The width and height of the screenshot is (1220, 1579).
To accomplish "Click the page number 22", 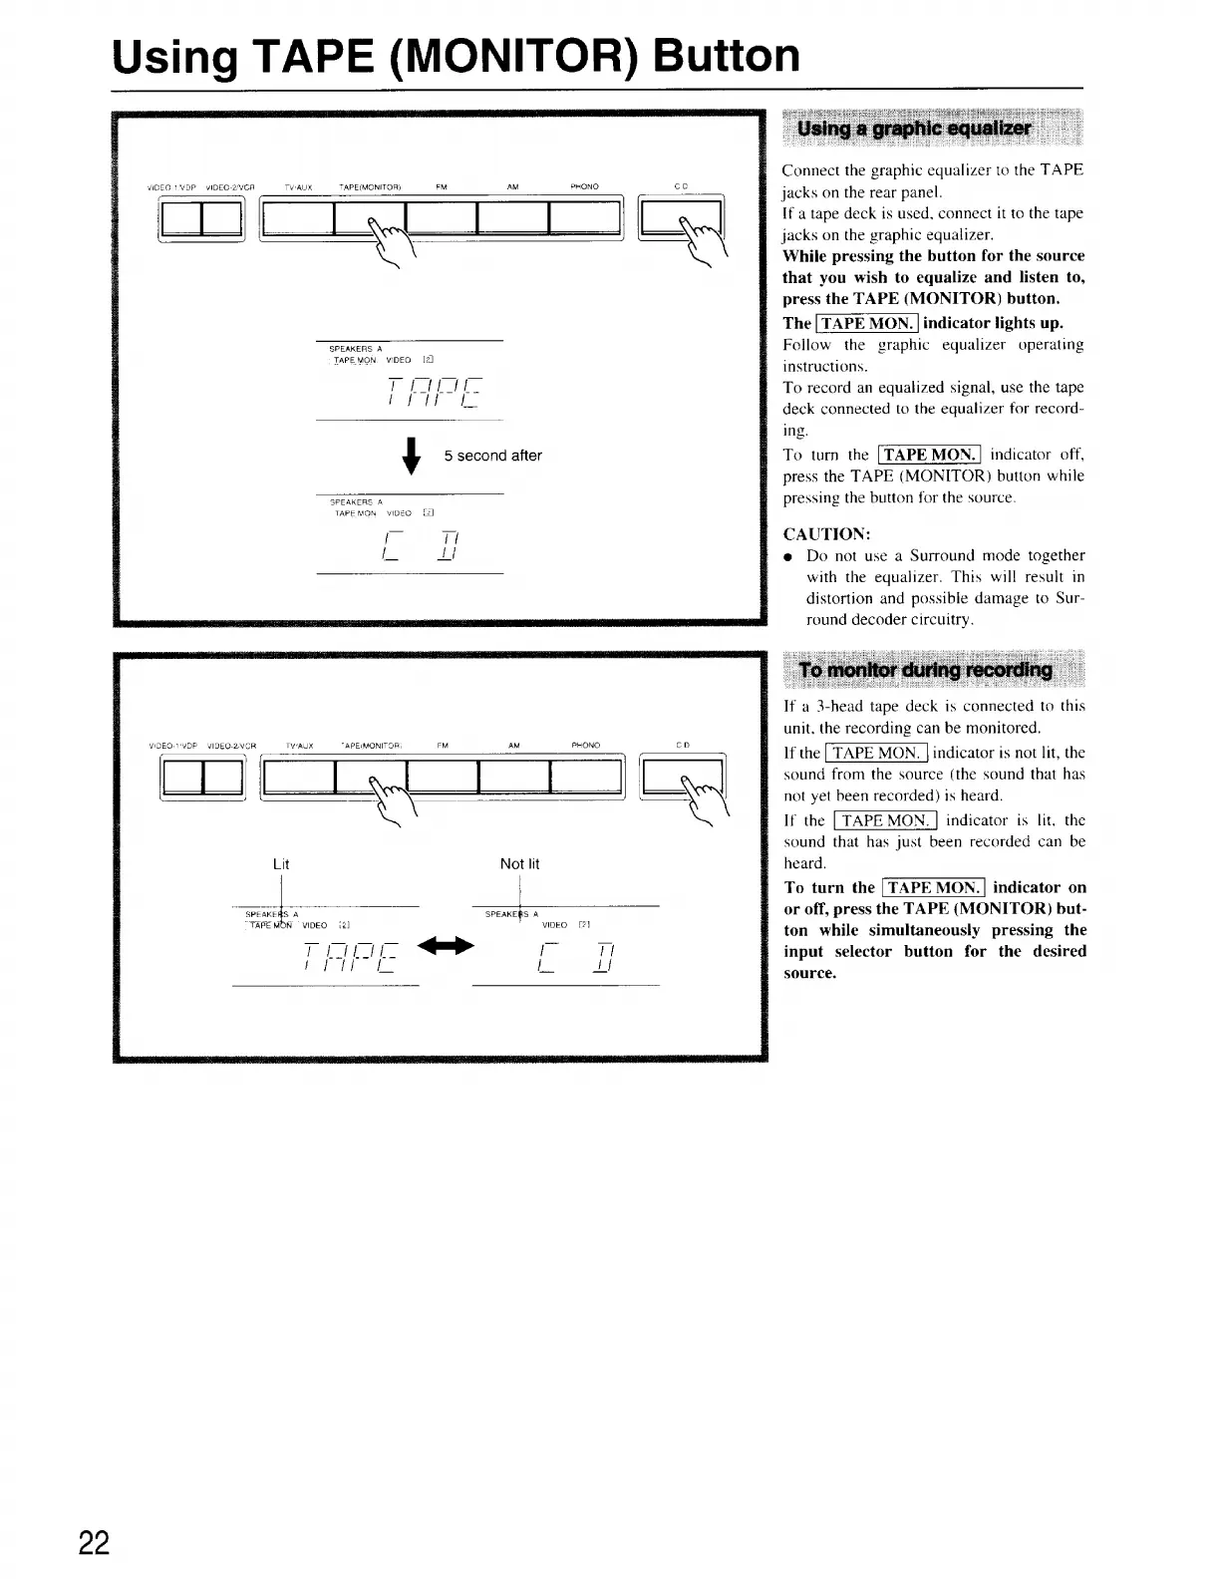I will point(95,1541).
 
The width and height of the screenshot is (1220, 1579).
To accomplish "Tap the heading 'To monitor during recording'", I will point(926,670).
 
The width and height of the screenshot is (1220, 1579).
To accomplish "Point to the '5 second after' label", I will point(492,456).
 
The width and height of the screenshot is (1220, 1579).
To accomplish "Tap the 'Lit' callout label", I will point(281,864).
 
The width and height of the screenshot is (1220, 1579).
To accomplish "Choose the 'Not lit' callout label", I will point(519,864).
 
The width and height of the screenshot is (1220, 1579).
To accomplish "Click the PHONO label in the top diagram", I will point(584,186).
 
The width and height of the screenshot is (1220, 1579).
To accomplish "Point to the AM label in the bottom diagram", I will point(513,745).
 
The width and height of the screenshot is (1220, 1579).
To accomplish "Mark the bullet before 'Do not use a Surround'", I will point(788,555).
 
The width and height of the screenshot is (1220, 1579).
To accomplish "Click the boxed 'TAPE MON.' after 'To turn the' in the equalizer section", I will point(930,455).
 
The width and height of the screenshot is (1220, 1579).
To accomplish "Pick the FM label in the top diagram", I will point(441,186).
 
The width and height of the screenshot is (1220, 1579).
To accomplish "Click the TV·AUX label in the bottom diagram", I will point(299,745).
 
